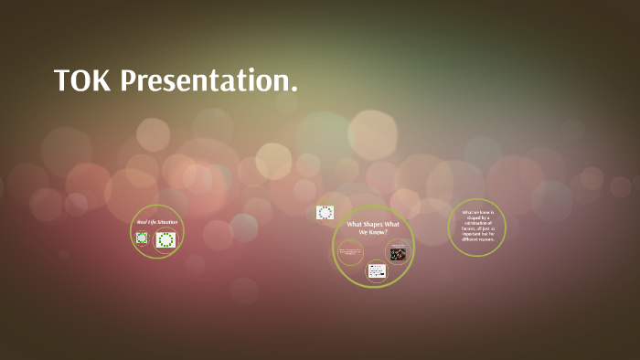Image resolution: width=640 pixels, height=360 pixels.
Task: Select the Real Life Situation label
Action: [157, 222]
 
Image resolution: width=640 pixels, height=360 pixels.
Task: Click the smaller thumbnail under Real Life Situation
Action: [142, 238]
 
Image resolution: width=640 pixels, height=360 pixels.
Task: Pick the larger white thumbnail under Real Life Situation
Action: [165, 239]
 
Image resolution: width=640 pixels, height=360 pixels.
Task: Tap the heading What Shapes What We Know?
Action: [373, 228]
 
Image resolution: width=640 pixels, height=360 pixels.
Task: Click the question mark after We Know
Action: [386, 232]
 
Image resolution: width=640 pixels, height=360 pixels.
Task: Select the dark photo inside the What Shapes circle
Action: [398, 254]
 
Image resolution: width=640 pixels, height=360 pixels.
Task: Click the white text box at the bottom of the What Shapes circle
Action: [377, 270]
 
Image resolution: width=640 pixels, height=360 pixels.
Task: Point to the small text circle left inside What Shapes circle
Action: [349, 252]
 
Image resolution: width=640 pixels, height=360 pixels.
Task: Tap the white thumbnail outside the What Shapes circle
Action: [325, 212]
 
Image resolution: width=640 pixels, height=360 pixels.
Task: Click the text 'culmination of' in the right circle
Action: [476, 221]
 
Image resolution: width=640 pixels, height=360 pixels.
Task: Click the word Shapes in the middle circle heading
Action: [379, 224]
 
